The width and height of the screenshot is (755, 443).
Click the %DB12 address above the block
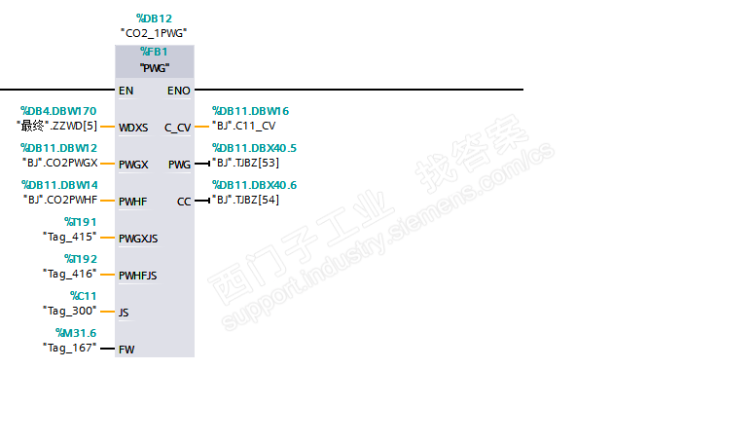(x=154, y=18)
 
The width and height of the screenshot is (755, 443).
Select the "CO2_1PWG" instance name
(x=154, y=33)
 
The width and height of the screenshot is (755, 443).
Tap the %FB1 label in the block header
(x=154, y=52)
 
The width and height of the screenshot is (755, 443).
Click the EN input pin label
(x=126, y=91)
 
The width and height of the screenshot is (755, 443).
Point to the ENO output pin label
(x=179, y=91)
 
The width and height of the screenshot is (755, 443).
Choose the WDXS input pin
(x=133, y=128)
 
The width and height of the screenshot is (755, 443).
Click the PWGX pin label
(x=133, y=165)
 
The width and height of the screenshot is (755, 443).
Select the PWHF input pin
(x=133, y=202)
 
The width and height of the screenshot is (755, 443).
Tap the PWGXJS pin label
(x=138, y=239)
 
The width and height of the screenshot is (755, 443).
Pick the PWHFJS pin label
(x=138, y=276)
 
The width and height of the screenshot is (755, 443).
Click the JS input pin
(x=124, y=313)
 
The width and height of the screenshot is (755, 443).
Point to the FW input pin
(x=126, y=349)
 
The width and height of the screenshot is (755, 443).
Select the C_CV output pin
(x=178, y=128)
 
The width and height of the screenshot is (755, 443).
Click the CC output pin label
(x=184, y=202)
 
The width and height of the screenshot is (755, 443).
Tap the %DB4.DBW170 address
(x=58, y=111)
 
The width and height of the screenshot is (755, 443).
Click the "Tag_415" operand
(x=70, y=237)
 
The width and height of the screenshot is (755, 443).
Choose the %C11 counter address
(x=83, y=296)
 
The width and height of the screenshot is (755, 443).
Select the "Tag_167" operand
(x=70, y=348)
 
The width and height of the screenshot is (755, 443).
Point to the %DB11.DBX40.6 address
(x=255, y=185)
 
